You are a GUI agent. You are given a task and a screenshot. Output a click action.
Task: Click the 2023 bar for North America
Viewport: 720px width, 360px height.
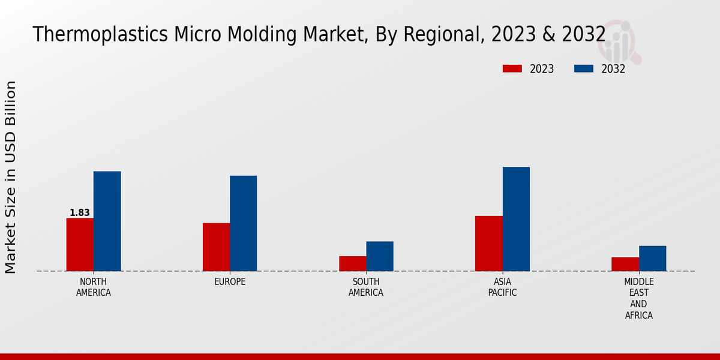point(80,244)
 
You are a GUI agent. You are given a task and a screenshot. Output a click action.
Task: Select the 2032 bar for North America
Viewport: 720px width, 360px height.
point(107,221)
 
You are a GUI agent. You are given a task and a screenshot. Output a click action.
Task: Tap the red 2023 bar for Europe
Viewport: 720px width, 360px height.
point(216,247)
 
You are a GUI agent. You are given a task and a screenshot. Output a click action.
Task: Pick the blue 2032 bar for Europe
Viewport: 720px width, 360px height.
point(243,223)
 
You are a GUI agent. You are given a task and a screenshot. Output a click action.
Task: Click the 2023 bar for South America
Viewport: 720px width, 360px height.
point(352,263)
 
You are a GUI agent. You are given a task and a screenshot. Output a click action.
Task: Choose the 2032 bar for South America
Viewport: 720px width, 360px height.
point(380,256)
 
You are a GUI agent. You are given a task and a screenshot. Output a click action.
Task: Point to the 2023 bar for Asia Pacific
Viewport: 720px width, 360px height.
point(488,243)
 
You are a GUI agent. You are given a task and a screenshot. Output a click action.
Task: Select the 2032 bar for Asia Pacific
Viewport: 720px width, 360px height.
point(516,218)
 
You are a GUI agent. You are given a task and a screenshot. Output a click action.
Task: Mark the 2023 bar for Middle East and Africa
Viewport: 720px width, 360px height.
point(625,264)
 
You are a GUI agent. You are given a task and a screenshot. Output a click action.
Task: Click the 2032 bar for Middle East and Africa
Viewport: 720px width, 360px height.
point(652,258)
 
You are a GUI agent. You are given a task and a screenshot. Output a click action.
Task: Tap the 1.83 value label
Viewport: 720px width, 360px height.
point(80,213)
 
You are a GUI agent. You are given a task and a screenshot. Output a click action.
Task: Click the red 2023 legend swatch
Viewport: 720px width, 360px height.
point(512,68)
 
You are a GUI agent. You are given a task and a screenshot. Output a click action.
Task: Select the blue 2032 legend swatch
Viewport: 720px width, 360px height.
point(583,68)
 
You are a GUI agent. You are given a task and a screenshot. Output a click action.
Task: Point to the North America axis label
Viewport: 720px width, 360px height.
point(94,287)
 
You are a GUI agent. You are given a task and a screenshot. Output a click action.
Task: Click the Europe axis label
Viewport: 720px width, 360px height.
point(230,282)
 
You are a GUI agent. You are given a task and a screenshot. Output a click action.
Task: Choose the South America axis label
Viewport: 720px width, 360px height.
point(366,287)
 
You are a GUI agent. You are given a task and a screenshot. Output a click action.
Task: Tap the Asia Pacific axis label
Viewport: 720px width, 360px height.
point(502,287)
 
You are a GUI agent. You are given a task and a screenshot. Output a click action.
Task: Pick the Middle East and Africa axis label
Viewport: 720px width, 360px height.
point(639,298)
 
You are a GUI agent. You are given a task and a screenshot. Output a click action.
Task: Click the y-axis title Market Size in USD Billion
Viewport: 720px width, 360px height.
point(11,177)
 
